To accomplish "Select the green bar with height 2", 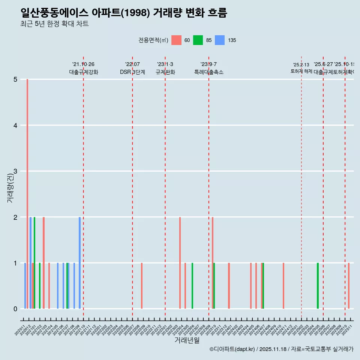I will pos(34,262).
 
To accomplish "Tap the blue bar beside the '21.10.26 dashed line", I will pos(79,262).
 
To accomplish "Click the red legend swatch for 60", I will pos(176,40).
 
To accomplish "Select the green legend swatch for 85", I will pos(198,40).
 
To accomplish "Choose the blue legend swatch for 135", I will pos(220,40).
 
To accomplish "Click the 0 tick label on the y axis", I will pos(15,309).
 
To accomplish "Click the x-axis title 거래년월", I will pos(187,340).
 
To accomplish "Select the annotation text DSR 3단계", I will pos(132,72).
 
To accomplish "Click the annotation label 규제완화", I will pos(165,72).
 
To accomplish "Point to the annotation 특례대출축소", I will pos(208,72).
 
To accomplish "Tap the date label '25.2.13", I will pos(301,65).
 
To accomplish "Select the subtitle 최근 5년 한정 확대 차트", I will pos(55,24).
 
